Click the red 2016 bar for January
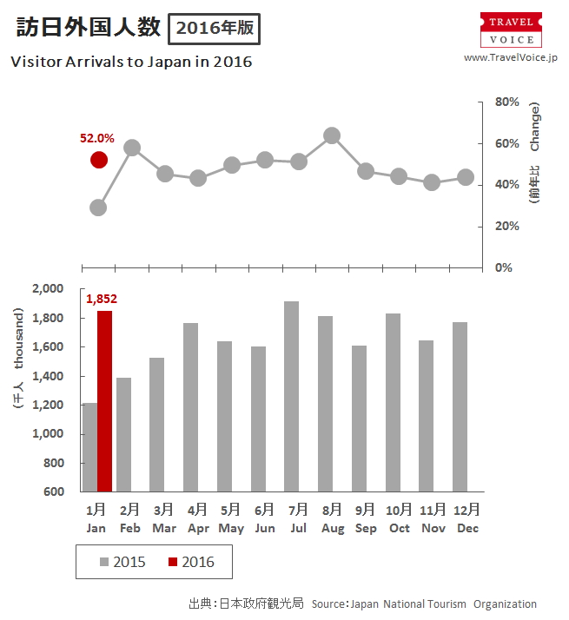tap(104, 400)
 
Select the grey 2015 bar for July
tap(292, 396)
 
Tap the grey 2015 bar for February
tap(123, 434)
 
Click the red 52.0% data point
tap(99, 160)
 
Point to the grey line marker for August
tap(331, 135)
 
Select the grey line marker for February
tap(132, 148)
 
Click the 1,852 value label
tap(102, 299)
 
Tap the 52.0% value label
tap(97, 137)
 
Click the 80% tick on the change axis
tap(506, 102)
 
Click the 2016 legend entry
tap(190, 562)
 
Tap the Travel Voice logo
tap(511, 30)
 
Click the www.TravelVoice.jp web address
tap(510, 57)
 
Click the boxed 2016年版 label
tap(214, 28)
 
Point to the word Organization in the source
tap(505, 604)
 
